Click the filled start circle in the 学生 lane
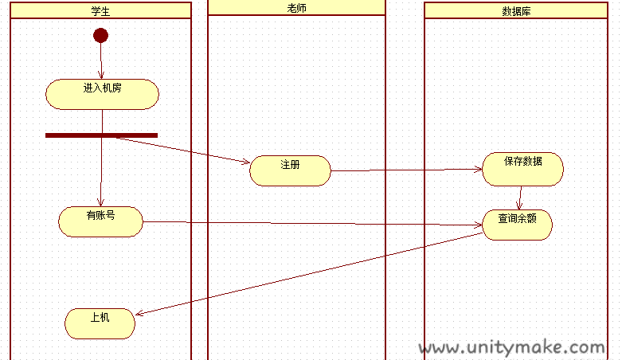tap(101, 35)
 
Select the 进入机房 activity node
tap(103, 94)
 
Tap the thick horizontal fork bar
tap(102, 135)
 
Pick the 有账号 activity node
tap(101, 221)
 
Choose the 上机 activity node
tap(100, 323)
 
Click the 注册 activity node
tap(290, 170)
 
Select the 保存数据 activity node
tap(522, 169)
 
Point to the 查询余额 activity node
tap(518, 225)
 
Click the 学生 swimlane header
tap(101, 10)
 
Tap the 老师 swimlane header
tap(296, 8)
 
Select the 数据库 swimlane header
tap(516, 10)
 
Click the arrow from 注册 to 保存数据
tap(407, 170)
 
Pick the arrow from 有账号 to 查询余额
tap(312, 224)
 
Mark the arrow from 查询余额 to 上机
tap(309, 274)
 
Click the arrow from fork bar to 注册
tap(184, 150)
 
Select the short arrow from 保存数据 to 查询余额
tap(519, 198)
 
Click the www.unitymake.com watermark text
tap(512, 348)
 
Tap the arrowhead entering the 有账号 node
tap(101, 202)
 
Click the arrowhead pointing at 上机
tap(139, 314)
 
